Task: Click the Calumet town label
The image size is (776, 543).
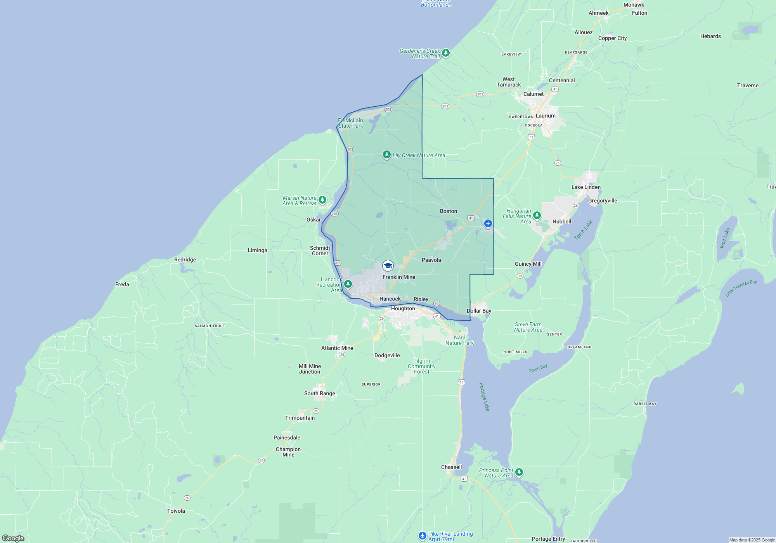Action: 533,94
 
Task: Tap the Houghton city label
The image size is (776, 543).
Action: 403,309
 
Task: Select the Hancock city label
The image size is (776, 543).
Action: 390,299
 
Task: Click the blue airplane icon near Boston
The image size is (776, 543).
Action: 488,223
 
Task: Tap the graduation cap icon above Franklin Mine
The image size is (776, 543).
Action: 388,266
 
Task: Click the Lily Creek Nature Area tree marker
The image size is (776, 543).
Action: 386,155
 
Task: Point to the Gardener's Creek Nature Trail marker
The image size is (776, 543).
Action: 446,52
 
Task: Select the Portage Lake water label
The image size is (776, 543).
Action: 484,397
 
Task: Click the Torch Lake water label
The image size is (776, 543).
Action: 583,230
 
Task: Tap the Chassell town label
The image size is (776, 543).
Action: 451,467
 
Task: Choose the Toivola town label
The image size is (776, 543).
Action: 176,511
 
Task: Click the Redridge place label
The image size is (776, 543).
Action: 185,259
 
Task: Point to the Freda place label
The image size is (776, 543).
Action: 122,284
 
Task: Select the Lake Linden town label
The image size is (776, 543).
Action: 585,187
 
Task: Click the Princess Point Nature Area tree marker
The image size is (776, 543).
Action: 519,472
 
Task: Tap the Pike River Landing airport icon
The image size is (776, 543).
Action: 423,536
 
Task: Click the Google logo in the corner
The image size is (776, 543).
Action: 13,538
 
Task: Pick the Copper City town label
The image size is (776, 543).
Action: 612,38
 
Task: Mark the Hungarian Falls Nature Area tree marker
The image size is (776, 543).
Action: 537,215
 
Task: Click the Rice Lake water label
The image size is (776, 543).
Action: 724,238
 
